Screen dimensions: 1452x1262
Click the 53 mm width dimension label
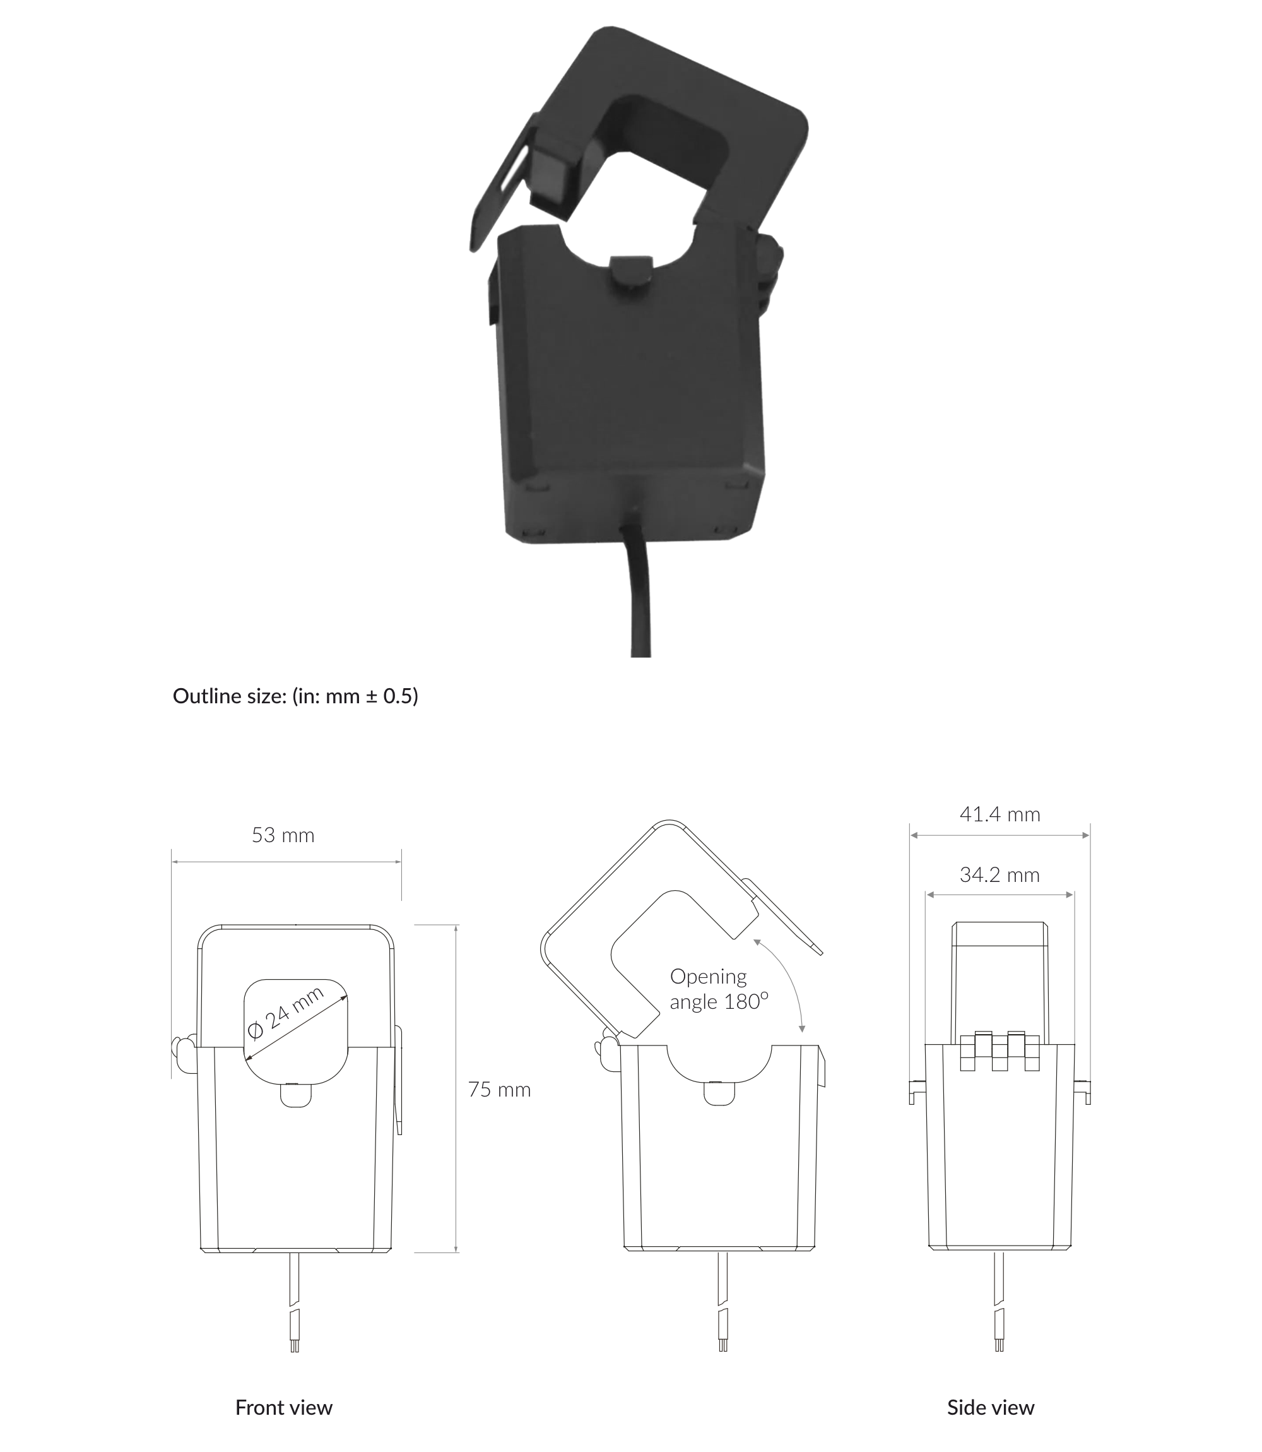283,836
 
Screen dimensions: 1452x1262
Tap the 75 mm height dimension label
498,1090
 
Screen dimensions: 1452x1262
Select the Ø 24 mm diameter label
286,1014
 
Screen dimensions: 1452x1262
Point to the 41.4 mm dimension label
1000,814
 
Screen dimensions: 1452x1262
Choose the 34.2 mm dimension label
1000,875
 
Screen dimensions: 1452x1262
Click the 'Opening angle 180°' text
717,989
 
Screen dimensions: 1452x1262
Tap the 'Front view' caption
284,1408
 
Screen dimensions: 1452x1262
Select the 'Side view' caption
990,1408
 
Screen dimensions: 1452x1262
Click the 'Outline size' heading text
295,696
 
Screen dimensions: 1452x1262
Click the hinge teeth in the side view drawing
1000,1051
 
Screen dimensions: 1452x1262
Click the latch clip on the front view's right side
399,1081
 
